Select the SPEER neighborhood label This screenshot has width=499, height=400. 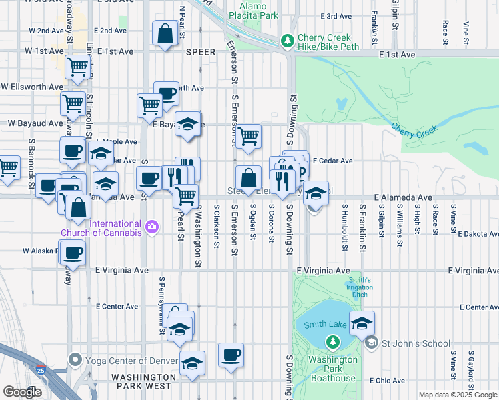201,52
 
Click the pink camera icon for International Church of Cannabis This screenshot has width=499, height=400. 152,228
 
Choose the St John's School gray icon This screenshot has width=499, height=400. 371,343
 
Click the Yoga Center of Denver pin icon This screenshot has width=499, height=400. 75,361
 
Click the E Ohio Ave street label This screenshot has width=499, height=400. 388,381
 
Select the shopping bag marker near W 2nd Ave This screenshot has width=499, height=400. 164,33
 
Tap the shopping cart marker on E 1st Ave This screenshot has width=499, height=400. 78,67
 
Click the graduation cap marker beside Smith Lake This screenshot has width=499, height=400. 362,323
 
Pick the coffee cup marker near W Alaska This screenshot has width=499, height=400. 73,253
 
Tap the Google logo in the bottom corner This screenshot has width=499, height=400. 22,392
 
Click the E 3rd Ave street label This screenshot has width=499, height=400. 336,16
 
